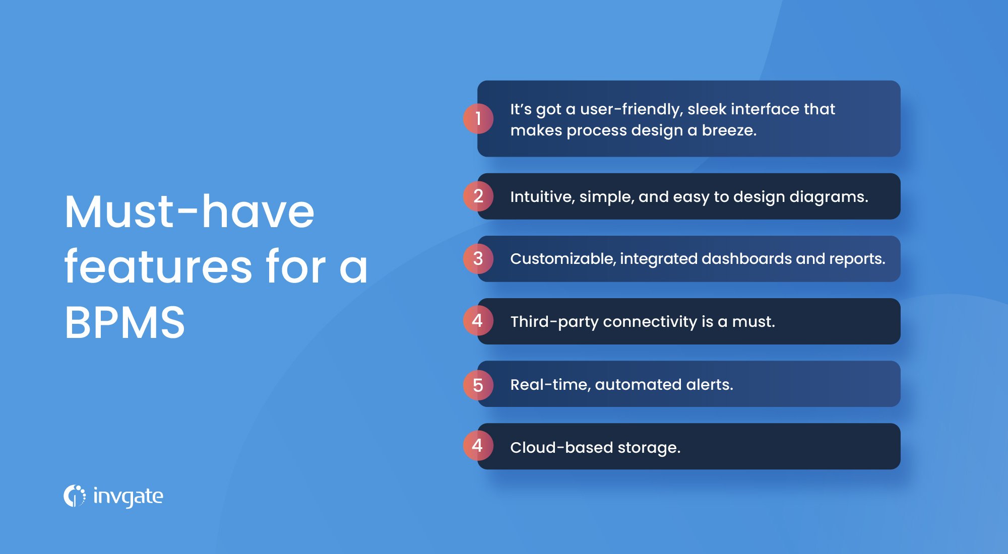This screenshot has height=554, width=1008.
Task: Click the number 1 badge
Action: (x=478, y=119)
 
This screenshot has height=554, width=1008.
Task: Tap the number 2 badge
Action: (x=478, y=196)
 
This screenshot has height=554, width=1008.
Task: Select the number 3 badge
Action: (x=478, y=259)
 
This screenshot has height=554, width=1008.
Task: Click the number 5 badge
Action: (x=478, y=385)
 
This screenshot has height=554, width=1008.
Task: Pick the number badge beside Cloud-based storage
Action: (x=478, y=446)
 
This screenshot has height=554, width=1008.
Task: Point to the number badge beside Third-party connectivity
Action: (x=478, y=321)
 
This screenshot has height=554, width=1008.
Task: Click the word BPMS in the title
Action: (x=125, y=322)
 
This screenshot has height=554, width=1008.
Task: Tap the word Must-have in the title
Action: (x=190, y=212)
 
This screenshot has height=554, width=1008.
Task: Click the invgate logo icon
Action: (x=75, y=496)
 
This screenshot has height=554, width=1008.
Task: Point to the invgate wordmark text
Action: (x=128, y=497)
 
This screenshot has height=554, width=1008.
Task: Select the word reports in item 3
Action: (x=855, y=259)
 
